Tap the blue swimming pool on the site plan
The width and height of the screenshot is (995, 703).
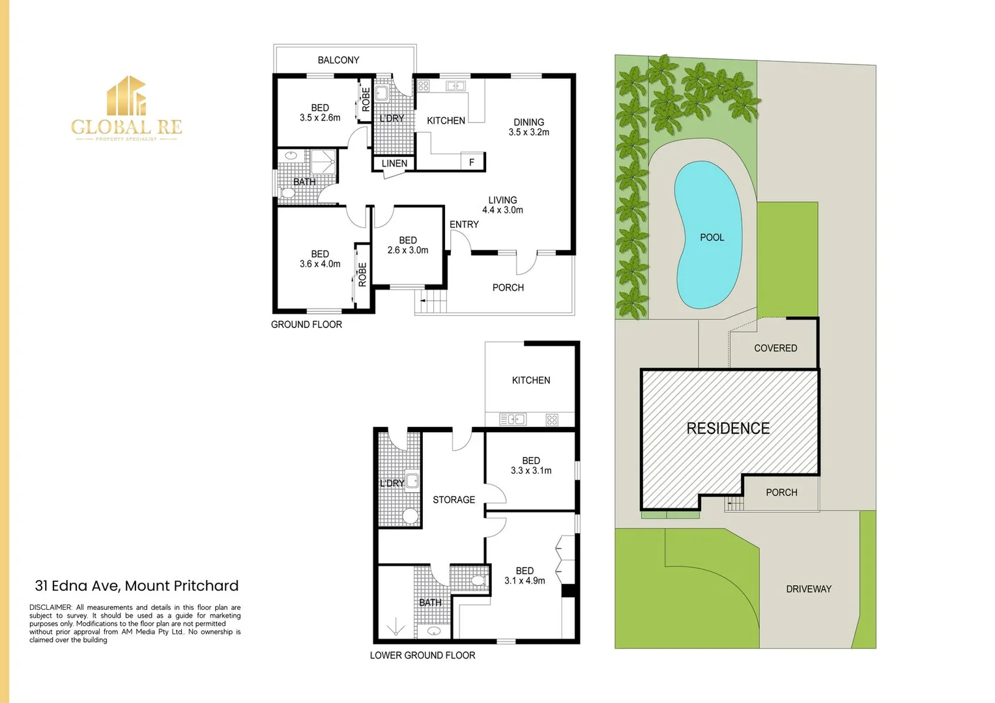tap(708, 236)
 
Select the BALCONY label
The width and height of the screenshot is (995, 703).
tap(338, 60)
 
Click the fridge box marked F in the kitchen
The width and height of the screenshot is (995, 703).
tap(472, 162)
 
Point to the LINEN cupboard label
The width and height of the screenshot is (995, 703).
tap(394, 163)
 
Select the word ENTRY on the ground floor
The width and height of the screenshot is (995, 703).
tap(464, 225)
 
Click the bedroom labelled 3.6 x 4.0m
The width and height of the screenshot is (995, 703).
tap(320, 259)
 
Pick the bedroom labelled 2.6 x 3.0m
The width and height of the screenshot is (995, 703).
tap(408, 245)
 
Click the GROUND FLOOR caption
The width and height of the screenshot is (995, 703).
tap(306, 324)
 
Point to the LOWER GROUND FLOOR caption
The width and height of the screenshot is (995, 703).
tap(422, 655)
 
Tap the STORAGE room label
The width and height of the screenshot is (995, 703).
tap(454, 500)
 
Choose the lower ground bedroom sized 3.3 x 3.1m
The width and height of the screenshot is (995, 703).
tap(531, 465)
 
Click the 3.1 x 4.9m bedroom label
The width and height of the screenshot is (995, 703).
tap(525, 576)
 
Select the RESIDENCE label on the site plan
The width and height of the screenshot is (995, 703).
tap(728, 428)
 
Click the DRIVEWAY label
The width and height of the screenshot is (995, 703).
tap(809, 589)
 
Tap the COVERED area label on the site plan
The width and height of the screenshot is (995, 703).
tap(775, 348)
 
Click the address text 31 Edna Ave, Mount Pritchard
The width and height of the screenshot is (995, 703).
tap(137, 586)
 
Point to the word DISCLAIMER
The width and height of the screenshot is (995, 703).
tap(50, 607)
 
